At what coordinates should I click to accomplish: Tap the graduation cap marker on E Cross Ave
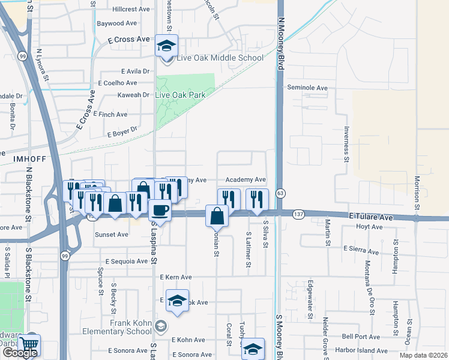click(166, 45)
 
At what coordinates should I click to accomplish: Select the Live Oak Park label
click(180, 95)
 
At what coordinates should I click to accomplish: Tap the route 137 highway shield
click(298, 214)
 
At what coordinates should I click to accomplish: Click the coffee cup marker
click(160, 211)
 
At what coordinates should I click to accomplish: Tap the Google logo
click(20, 353)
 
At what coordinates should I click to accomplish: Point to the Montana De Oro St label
click(373, 288)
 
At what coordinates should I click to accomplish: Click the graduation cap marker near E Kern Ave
click(177, 302)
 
